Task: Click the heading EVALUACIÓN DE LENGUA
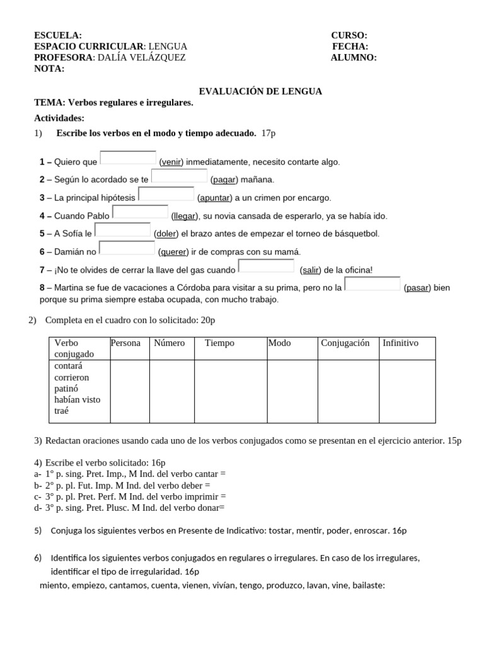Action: [260, 91]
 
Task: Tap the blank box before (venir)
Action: [128, 157]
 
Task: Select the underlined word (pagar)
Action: [224, 180]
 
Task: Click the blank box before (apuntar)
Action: [166, 194]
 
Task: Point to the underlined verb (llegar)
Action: [185, 216]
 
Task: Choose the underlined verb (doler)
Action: [166, 234]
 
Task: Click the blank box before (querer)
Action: [127, 248]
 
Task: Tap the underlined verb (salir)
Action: [311, 270]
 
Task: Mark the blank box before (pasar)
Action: [372, 283]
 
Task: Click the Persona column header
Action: [125, 343]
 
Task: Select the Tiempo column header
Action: [219, 343]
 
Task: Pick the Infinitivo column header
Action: [400, 343]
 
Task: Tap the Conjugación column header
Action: [345, 343]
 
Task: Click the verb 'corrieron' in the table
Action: [72, 377]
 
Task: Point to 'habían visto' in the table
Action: [78, 399]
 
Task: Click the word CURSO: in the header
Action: [349, 35]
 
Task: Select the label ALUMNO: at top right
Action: [354, 58]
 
